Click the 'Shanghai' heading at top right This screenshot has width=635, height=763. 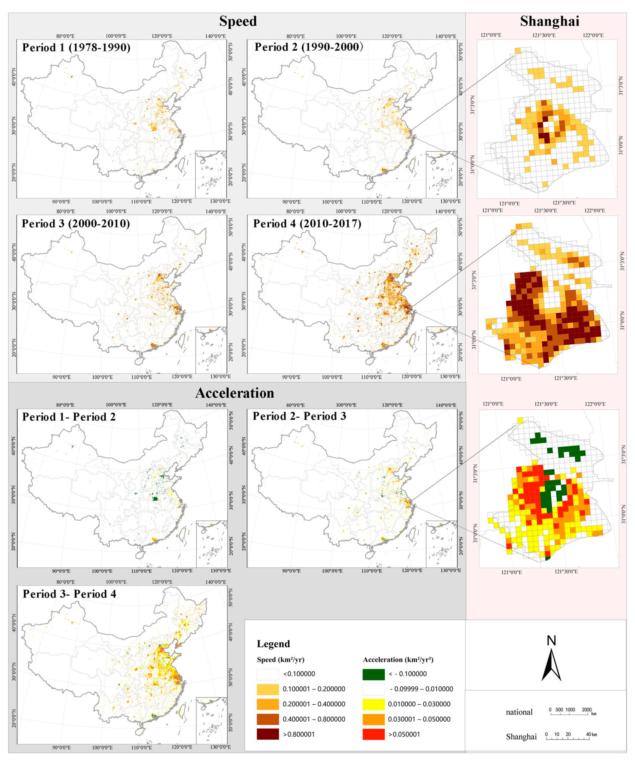(549, 21)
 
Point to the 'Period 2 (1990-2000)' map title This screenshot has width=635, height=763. (309, 47)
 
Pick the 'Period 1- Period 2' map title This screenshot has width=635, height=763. (69, 416)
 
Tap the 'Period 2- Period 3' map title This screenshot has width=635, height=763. (299, 416)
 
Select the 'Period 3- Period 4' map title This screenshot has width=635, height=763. (70, 594)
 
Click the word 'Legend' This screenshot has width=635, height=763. (273, 644)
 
